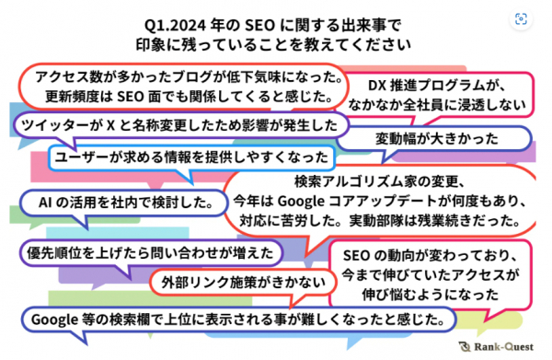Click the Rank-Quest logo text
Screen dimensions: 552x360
(x=504, y=347)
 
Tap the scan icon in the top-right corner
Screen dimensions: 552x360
(x=521, y=19)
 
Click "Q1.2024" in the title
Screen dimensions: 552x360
(x=175, y=26)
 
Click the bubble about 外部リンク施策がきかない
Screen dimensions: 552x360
(x=243, y=283)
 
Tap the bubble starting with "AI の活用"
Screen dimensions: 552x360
(x=124, y=203)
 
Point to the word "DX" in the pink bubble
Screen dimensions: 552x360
(x=377, y=86)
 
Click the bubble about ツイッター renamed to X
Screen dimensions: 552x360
(x=181, y=125)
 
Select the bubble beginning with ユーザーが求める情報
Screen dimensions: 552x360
(x=191, y=157)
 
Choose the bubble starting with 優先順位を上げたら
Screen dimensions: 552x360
(x=151, y=253)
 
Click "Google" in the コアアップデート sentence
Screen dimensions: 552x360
(x=301, y=202)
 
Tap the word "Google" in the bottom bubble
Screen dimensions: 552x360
(x=54, y=320)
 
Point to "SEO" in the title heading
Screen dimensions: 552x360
(x=259, y=26)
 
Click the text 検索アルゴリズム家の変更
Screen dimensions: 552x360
(x=379, y=181)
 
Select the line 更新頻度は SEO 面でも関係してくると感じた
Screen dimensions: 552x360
(x=190, y=97)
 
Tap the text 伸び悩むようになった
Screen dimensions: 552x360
(x=431, y=295)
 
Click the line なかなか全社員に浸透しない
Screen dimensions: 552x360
(x=437, y=105)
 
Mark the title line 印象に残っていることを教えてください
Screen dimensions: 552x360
(x=273, y=45)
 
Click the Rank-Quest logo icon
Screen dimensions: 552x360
(x=465, y=347)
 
